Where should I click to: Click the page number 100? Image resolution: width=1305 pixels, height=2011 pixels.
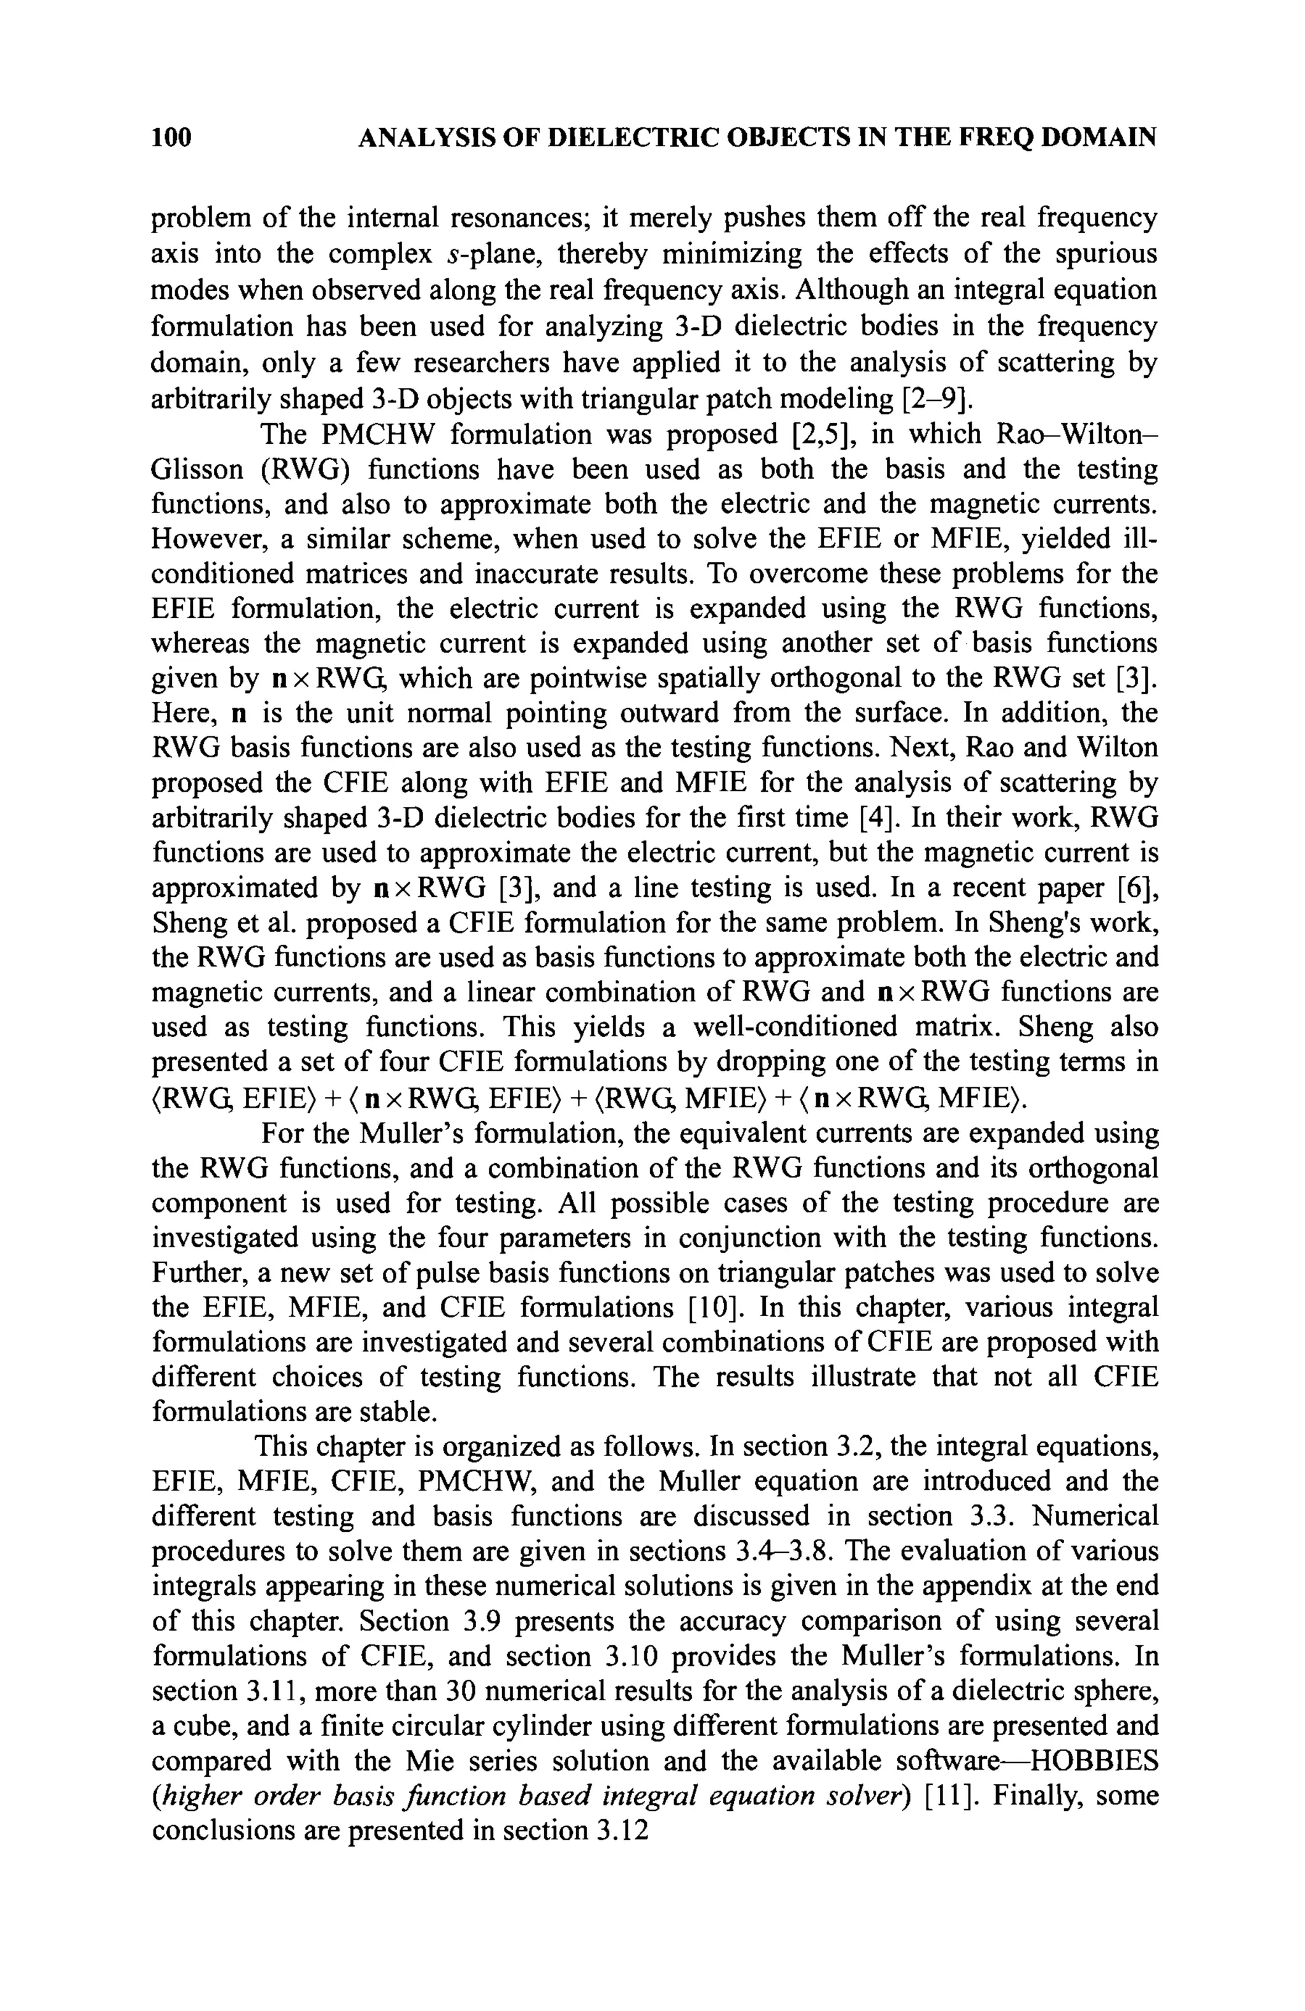[171, 137]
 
